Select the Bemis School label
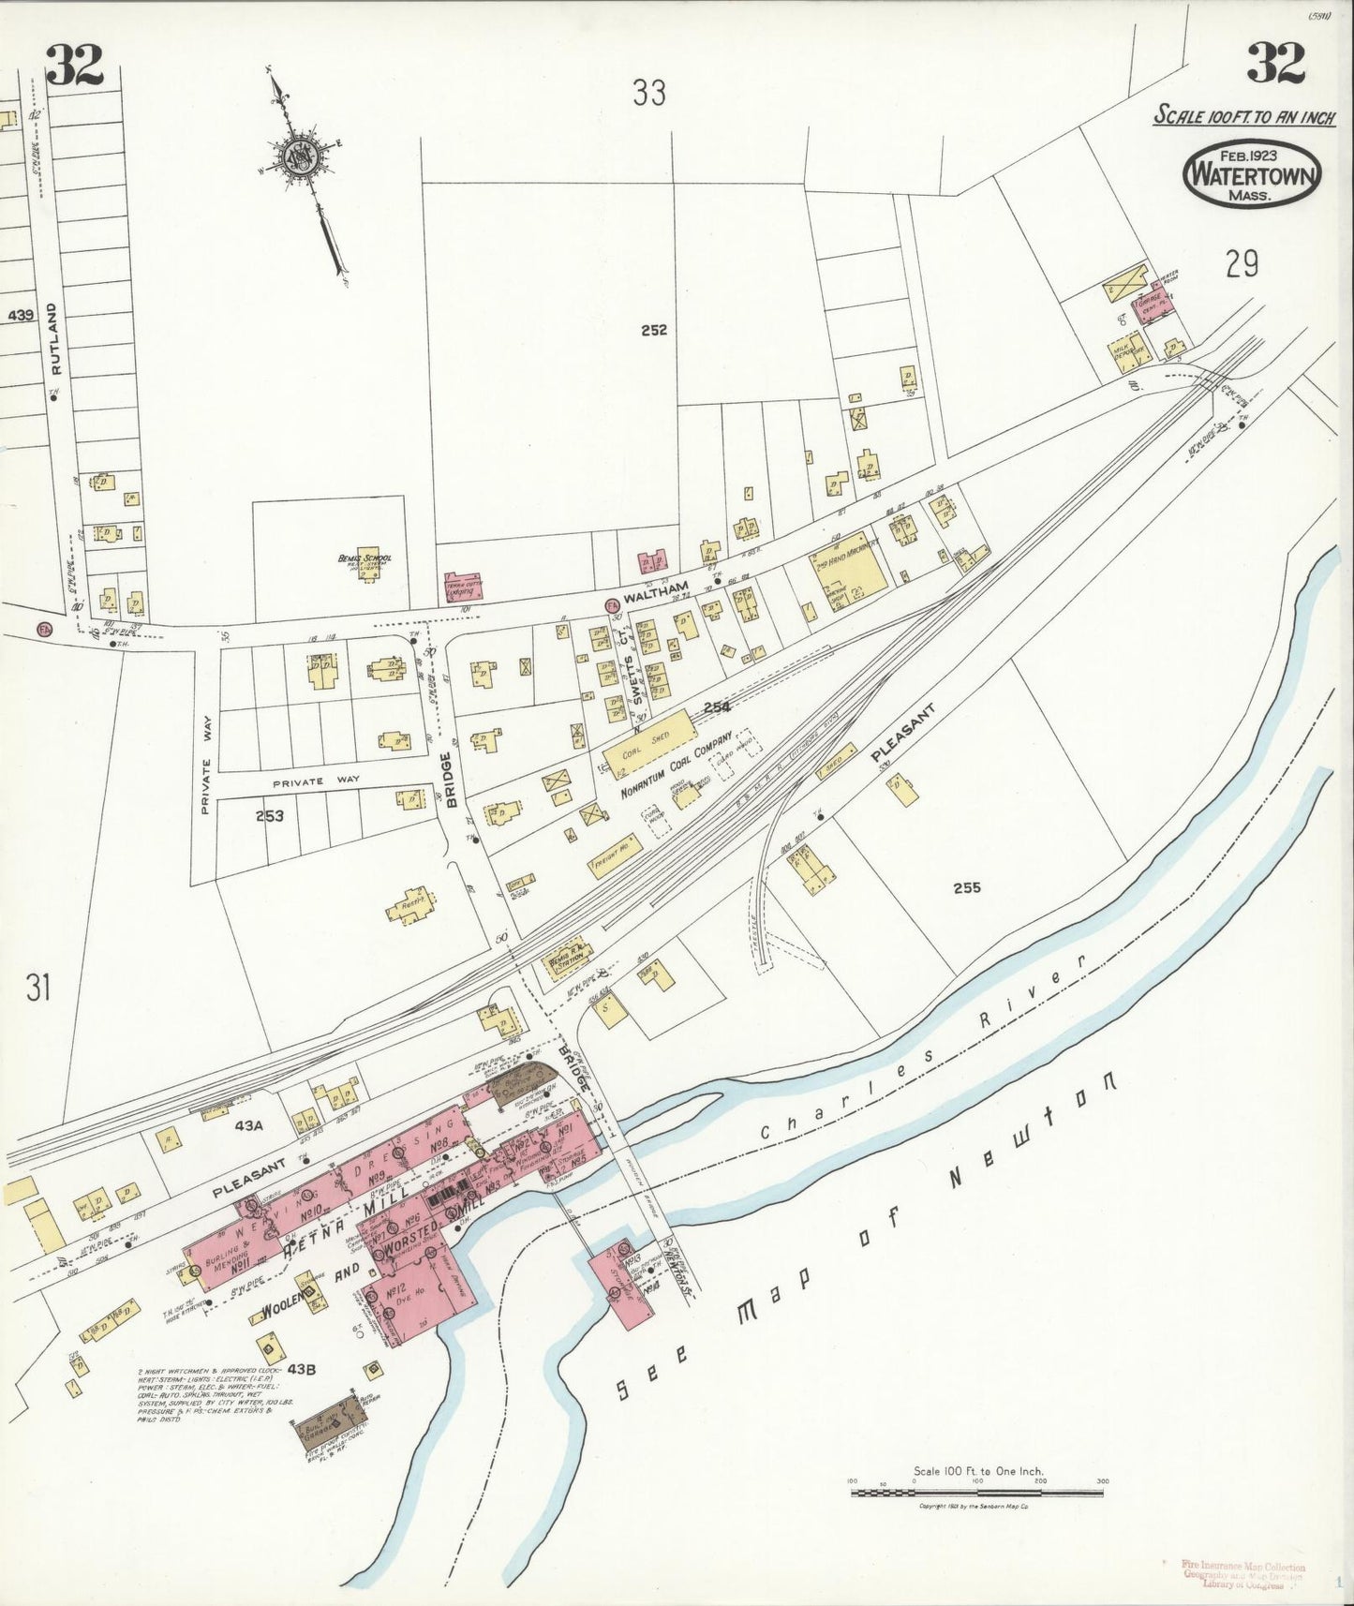click(365, 560)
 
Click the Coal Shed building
click(646, 739)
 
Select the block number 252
click(654, 330)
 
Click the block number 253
click(270, 815)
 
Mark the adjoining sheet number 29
click(1241, 266)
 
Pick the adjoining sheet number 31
click(37, 988)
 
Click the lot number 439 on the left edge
click(20, 316)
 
